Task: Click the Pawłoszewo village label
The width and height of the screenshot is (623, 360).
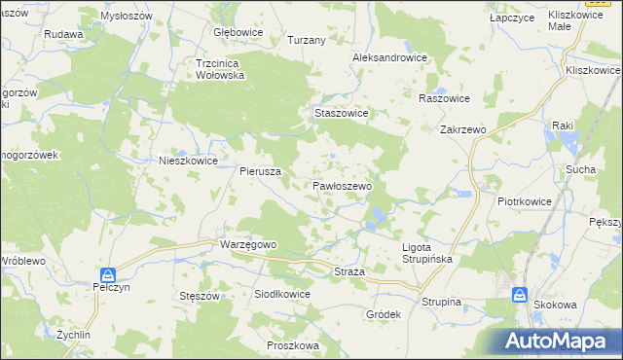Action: [x=342, y=185]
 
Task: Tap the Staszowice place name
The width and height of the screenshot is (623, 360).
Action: [x=341, y=113]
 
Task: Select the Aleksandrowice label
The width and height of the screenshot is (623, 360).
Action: [x=390, y=57]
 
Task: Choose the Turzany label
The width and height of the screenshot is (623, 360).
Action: [x=307, y=40]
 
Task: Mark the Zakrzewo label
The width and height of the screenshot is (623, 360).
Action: [x=463, y=128]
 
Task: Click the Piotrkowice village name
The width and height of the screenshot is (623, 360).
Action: [x=525, y=202]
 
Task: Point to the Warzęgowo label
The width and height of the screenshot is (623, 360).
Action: [x=250, y=244]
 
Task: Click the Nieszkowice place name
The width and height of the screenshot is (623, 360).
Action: [x=188, y=162]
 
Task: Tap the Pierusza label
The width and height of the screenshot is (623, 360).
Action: [x=261, y=170]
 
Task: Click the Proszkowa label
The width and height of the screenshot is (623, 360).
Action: [x=292, y=345]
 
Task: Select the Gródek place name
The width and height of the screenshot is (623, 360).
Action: [x=384, y=315]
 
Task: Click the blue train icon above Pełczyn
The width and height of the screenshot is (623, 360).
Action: [x=109, y=275]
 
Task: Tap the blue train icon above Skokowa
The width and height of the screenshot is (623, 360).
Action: [x=520, y=294]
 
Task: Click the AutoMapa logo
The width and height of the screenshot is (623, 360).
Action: [x=559, y=341]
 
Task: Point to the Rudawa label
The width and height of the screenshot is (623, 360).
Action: [x=63, y=33]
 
